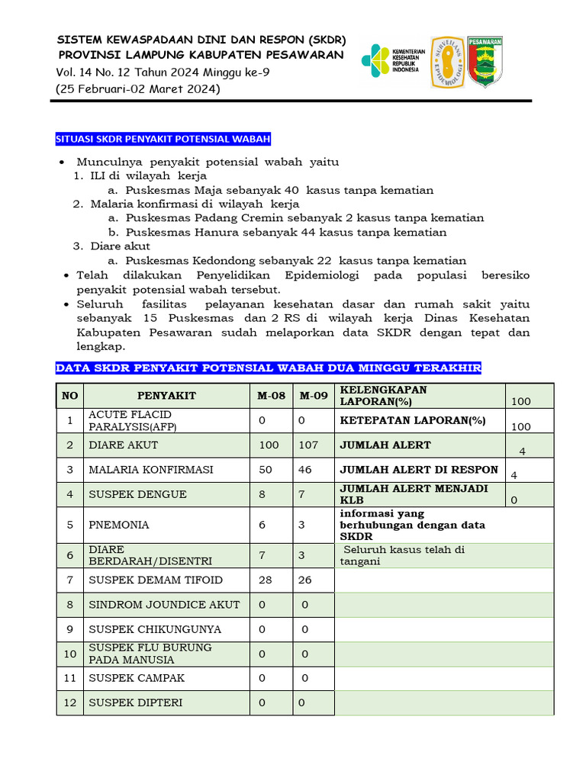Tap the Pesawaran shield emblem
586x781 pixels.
[485, 61]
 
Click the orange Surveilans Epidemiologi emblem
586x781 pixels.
[446, 62]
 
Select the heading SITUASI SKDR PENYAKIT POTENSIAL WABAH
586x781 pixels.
[163, 139]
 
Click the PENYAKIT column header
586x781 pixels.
[166, 395]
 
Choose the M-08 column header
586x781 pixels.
[271, 395]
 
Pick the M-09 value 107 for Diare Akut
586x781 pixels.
[309, 445]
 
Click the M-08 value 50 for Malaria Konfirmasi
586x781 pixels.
[266, 470]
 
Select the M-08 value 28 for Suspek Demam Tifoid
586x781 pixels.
[266, 580]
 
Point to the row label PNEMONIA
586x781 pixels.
[119, 525]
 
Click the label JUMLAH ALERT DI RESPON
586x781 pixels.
[418, 470]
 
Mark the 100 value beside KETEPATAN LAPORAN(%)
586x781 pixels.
[521, 426]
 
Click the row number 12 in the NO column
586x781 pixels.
[70, 702]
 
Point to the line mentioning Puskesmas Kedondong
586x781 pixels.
[296, 260]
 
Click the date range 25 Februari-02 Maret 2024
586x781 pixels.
[138, 89]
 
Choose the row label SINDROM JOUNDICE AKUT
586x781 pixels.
[164, 605]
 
